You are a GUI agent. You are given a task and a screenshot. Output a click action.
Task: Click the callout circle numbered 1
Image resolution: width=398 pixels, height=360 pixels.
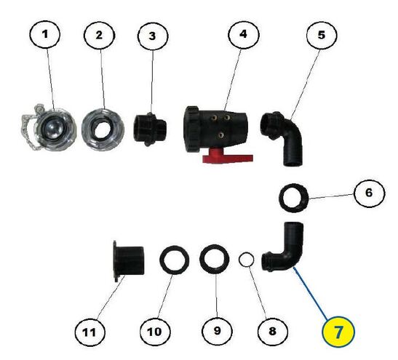point(45,34)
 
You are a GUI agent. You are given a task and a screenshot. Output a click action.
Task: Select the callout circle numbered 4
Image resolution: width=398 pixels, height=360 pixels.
point(244,34)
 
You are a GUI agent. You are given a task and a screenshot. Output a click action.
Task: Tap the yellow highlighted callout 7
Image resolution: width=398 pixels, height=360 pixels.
point(338,332)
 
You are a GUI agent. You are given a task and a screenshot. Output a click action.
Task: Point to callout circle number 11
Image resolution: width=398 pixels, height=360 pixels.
point(89,332)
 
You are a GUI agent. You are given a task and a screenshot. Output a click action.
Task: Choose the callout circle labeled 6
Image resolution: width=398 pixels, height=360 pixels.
point(370,193)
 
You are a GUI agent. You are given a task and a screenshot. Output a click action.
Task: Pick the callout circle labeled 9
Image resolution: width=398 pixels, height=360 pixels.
point(217,331)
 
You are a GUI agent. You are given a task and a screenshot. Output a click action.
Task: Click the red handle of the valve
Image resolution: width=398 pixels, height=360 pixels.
point(228,156)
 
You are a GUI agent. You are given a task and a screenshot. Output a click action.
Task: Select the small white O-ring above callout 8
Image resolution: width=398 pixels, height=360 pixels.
point(246,260)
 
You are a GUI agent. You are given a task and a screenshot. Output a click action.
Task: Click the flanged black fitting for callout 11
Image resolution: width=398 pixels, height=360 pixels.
point(129,261)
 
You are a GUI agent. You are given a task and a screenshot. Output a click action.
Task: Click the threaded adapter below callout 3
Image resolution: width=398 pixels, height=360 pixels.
point(149,129)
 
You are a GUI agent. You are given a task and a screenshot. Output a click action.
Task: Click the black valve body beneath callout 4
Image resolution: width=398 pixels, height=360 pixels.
point(215,129)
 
